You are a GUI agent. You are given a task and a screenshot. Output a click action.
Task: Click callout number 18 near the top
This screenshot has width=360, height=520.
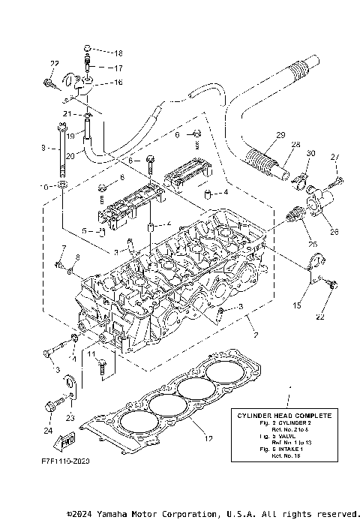pos(118,53)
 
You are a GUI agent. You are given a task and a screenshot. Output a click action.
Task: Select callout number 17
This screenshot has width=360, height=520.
pos(118,68)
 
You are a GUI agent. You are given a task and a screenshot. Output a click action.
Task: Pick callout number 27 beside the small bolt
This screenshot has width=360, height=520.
pos(334,156)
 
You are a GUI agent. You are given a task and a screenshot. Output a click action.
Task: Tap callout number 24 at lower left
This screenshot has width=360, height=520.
pos(49,431)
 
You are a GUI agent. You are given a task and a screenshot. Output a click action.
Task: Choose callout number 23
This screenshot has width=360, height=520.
pos(70,417)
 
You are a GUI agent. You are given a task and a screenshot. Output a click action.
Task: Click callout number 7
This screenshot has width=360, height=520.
pos(64,248)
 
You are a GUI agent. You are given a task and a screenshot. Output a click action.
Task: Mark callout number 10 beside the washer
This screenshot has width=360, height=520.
pos(44,185)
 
